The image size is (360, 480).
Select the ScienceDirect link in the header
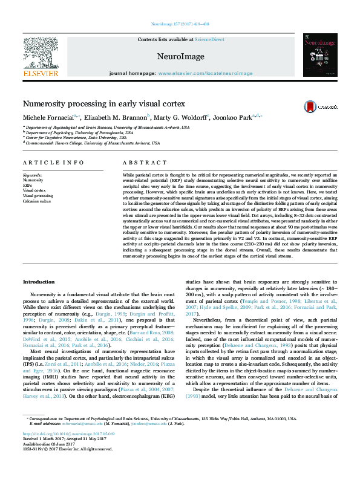click(x=211, y=39)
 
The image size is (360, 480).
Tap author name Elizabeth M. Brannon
click(x=118, y=117)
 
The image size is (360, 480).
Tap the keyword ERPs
click(x=28, y=185)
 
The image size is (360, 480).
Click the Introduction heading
click(x=39, y=282)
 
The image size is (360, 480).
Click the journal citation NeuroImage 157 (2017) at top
click(x=180, y=25)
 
